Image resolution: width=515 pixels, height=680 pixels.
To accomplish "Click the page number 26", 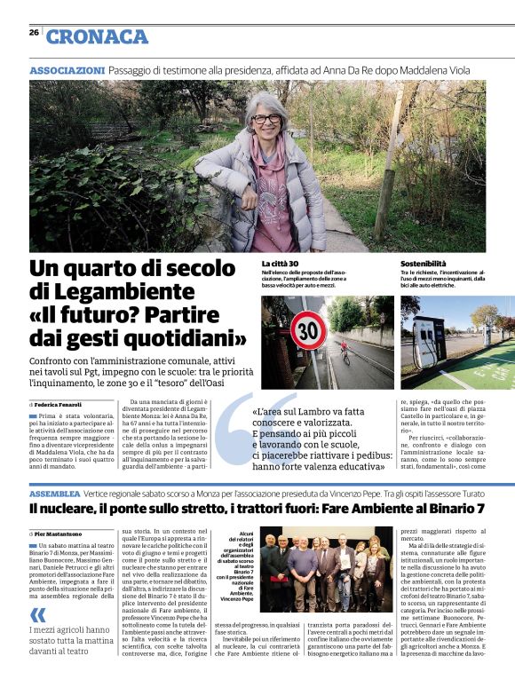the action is pos(34,32).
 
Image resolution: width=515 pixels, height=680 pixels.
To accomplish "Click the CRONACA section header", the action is pos(97,36).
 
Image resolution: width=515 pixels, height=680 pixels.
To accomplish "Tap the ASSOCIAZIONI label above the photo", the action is pos(67,69).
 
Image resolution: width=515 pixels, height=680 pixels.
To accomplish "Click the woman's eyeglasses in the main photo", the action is pos(265,118).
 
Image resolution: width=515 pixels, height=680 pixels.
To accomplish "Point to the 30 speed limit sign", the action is pos(308,332).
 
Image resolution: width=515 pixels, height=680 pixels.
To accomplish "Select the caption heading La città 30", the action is pos(280,265).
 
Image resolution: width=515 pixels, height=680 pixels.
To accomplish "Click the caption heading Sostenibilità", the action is pos(424,265).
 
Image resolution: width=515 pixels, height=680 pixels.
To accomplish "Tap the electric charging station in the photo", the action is pos(430,339).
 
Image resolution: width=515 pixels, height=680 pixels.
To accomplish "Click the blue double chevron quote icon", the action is pos(37,615).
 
